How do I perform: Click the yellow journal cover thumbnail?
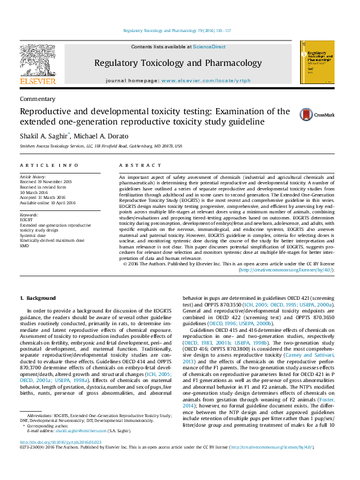pyautogui.click(x=317, y=66)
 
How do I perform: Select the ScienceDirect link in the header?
pyautogui.click(x=209, y=47)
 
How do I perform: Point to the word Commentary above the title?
pyautogui.click(x=38, y=99)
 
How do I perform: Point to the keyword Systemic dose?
pyautogui.click(x=33, y=236)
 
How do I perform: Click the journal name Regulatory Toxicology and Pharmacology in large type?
pyautogui.click(x=178, y=63)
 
